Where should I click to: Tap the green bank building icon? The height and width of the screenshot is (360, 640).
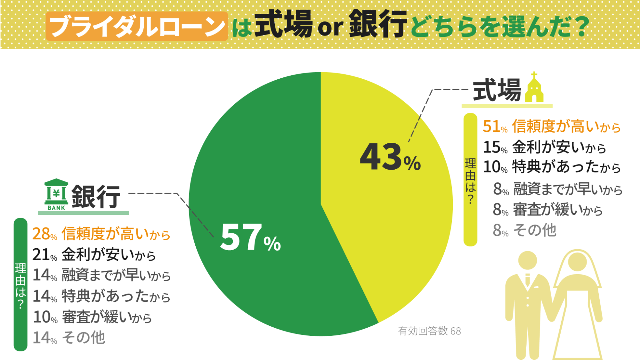coord(56,194)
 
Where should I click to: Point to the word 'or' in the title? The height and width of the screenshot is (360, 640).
coord(330,28)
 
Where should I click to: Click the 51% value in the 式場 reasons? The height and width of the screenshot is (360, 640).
coord(495,127)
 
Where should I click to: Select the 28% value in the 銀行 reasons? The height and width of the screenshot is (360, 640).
coord(44,234)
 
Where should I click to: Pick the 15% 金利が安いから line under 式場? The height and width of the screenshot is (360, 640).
coord(544,148)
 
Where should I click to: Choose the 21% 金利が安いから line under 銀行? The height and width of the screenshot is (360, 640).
coord(94,255)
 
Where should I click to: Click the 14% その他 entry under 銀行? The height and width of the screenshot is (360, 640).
coord(69,338)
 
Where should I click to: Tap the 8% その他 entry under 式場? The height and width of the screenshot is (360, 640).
coord(524,230)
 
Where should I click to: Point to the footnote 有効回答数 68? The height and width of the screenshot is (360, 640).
coord(429,331)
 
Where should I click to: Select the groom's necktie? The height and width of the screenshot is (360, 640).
coord(528,280)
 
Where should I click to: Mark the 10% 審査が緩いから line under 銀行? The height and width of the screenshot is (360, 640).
coord(92,317)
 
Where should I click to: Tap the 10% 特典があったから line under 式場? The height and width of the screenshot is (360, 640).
coord(551,167)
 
